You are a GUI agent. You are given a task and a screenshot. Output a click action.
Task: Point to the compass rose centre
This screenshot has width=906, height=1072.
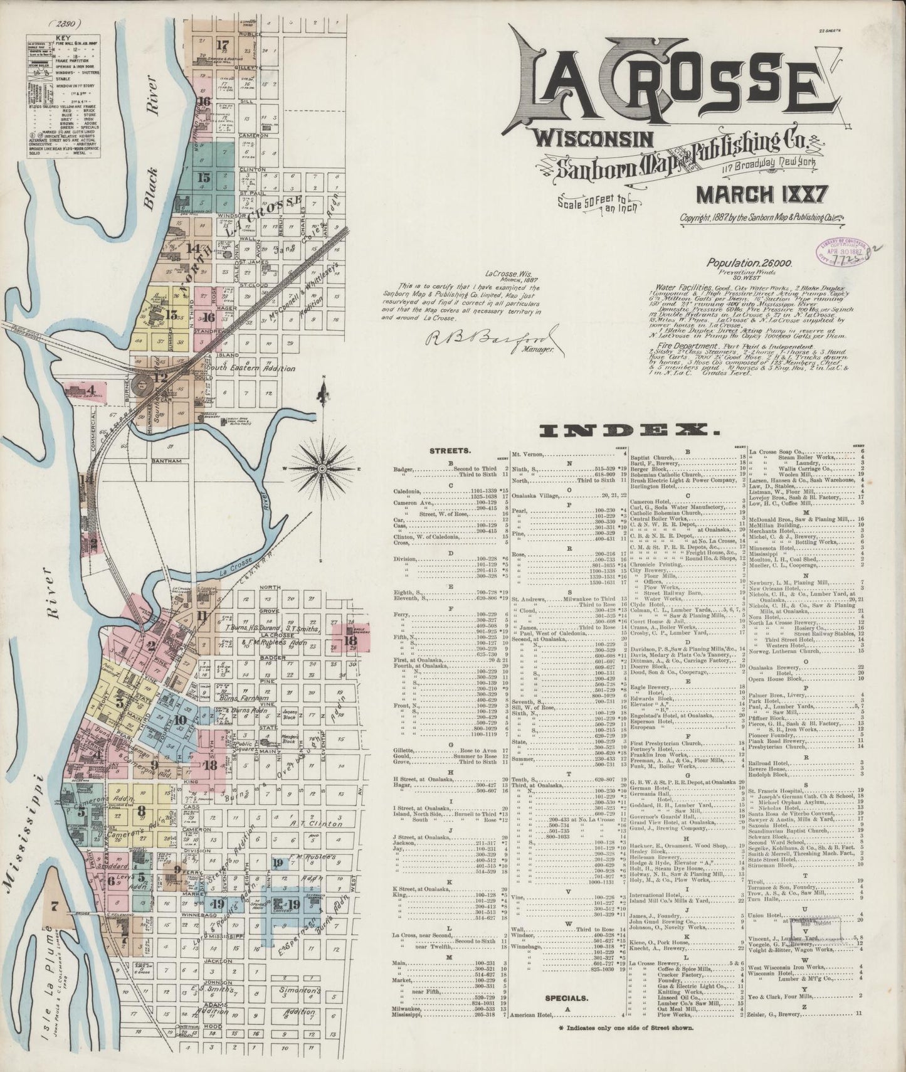(x=322, y=468)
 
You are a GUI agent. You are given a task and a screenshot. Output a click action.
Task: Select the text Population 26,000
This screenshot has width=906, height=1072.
(x=740, y=265)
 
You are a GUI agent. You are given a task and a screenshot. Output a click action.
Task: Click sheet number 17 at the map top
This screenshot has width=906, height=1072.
(x=221, y=45)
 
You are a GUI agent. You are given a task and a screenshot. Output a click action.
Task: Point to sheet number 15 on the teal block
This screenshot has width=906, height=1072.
(x=203, y=178)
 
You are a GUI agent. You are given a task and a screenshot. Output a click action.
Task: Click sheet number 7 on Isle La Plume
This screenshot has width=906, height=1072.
(x=55, y=906)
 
